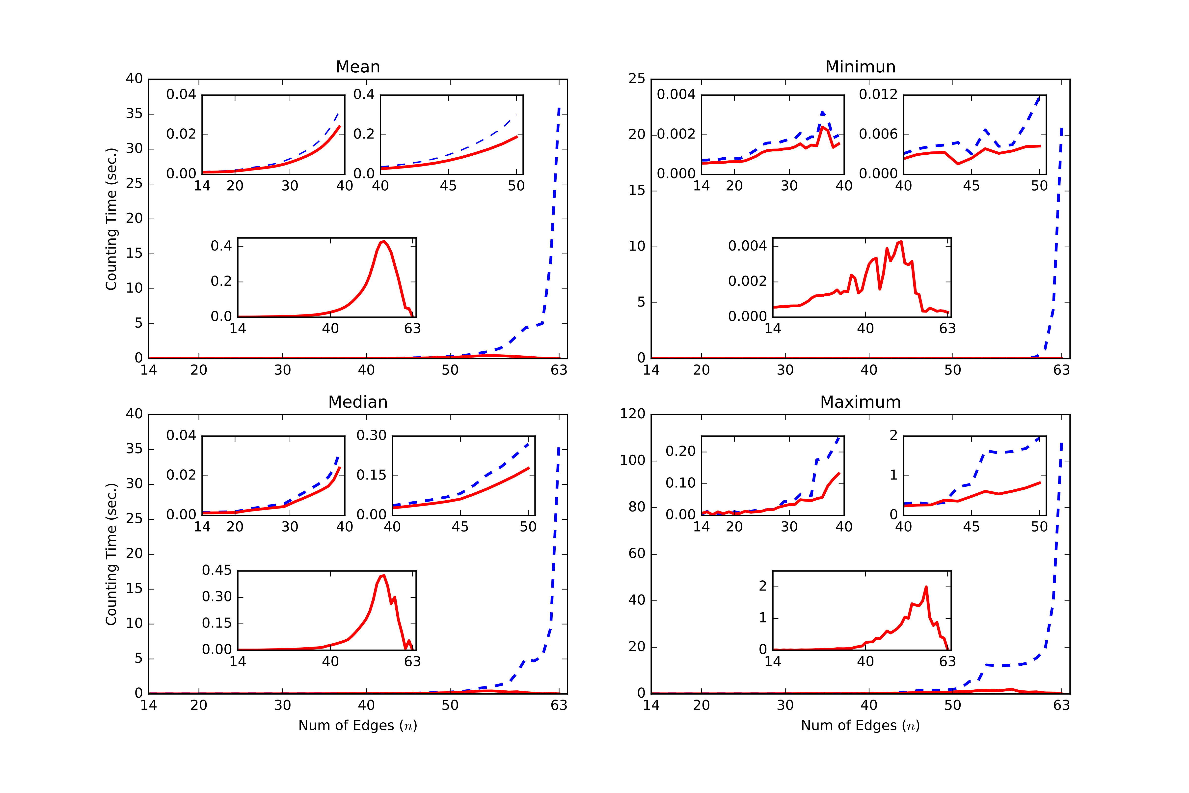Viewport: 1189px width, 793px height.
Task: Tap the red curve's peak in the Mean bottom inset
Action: pos(384,242)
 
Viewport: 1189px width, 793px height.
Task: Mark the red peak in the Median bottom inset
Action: pos(384,575)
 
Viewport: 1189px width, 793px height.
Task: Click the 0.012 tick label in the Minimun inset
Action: pos(878,95)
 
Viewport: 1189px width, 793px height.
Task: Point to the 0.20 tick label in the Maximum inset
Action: pos(680,451)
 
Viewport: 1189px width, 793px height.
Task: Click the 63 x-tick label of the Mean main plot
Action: pos(559,370)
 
